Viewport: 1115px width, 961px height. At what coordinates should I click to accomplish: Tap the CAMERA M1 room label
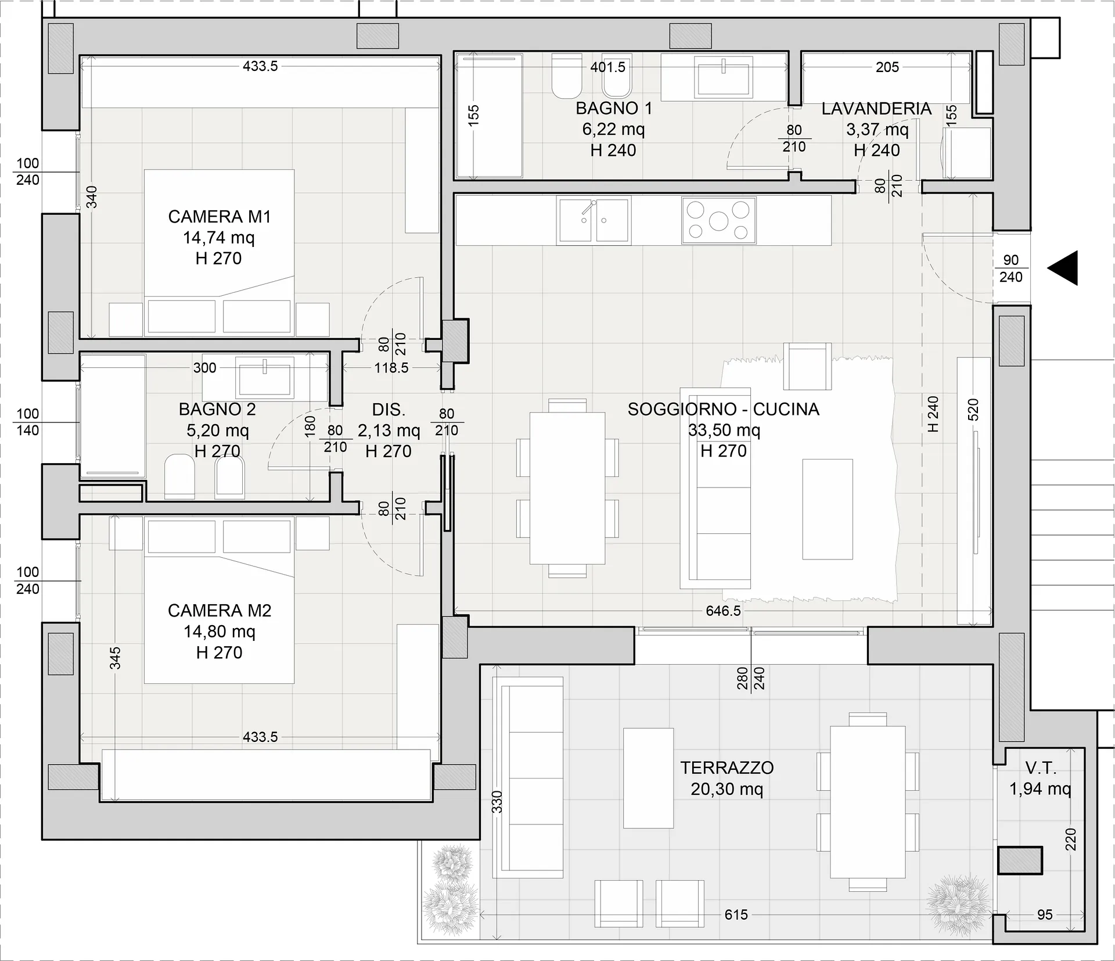tap(220, 217)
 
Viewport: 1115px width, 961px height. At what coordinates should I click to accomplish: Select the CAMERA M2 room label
tap(220, 611)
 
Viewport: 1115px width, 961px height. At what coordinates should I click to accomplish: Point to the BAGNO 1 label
tap(614, 108)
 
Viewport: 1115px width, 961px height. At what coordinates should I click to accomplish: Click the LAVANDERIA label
tap(876, 109)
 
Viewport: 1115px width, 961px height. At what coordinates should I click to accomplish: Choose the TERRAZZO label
tap(727, 768)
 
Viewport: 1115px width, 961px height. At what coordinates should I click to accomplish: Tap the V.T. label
tap(1041, 768)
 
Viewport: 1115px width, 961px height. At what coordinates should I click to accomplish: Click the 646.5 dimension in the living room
tap(723, 611)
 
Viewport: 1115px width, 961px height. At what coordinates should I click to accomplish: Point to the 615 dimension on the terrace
tap(736, 915)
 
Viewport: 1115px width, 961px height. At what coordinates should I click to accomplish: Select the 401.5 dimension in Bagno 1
tap(608, 67)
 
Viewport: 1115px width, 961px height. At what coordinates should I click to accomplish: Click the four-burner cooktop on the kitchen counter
tap(718, 220)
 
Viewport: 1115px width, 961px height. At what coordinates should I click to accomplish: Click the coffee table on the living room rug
tap(828, 509)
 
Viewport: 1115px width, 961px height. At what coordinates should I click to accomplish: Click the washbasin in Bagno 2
tap(265, 377)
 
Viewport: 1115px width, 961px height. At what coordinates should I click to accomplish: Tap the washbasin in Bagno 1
tap(724, 77)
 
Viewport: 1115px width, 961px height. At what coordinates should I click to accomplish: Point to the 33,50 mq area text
tap(724, 430)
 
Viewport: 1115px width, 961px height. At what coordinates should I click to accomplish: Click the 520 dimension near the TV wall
tap(973, 410)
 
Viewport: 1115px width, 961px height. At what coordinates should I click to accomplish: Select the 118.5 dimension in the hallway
tap(391, 368)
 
